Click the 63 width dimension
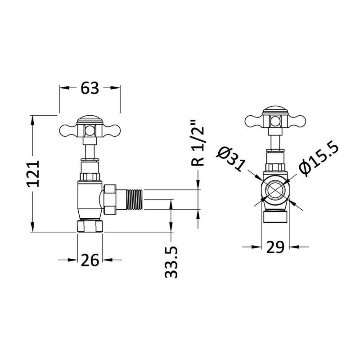pos(90,89)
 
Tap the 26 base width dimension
pos(90,260)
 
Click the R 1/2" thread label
pos(198,143)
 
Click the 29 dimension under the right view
pos(275,247)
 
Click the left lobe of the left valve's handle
pos(67,130)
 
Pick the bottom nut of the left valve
pos(90,225)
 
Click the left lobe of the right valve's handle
pos(253,121)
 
